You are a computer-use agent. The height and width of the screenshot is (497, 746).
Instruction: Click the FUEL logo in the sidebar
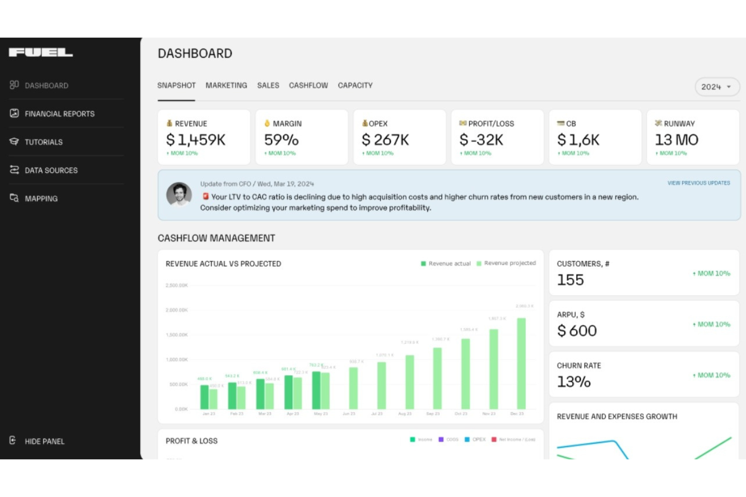click(x=41, y=52)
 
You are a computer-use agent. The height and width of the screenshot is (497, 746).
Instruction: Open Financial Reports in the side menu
click(x=59, y=114)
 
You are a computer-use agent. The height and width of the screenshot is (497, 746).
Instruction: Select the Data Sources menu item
click(x=51, y=170)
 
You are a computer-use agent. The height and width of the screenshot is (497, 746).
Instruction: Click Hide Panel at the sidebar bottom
click(x=44, y=441)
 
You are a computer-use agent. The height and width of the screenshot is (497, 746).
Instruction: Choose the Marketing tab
click(x=226, y=86)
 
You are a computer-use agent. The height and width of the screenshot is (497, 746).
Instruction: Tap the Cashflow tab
click(x=308, y=86)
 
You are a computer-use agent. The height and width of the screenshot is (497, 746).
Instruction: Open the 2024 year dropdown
click(x=716, y=87)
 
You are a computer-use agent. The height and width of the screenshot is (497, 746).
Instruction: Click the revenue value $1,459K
click(x=196, y=139)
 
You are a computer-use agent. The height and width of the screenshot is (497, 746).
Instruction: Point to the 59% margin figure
click(x=281, y=139)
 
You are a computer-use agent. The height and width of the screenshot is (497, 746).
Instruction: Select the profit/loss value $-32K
click(x=481, y=139)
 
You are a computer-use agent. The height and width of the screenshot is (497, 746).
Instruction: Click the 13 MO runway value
click(x=676, y=139)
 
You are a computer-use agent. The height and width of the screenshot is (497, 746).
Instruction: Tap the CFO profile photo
click(x=179, y=194)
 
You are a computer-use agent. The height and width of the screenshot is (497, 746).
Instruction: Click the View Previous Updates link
click(x=699, y=183)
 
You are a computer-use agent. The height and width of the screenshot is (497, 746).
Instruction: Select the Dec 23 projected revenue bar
click(x=521, y=363)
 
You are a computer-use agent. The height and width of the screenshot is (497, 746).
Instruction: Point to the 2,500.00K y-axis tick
click(x=176, y=286)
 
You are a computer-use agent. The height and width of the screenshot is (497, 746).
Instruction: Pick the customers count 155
click(x=570, y=280)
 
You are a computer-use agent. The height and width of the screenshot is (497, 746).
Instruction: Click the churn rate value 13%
click(x=574, y=382)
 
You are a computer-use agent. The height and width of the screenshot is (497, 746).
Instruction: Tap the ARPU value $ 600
click(x=577, y=331)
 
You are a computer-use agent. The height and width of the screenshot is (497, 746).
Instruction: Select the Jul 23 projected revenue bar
click(x=382, y=385)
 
